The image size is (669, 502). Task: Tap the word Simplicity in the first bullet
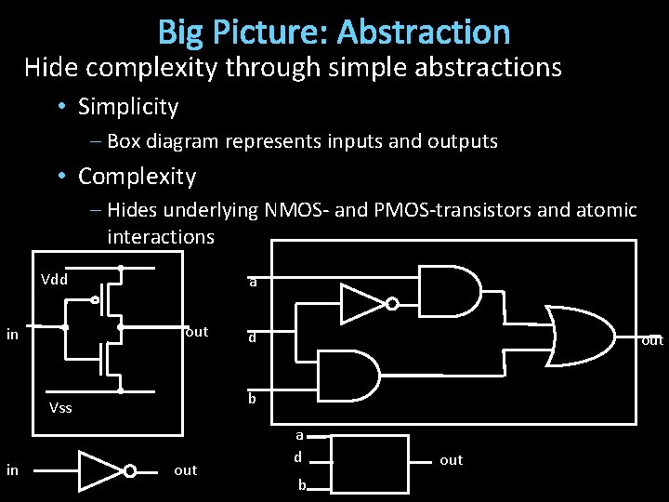pos(128,107)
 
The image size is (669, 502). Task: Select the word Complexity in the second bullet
pos(138,177)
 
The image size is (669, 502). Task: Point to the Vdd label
pos(54,279)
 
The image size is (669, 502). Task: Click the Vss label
pos(60,408)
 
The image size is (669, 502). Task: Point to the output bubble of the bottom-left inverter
pos(130,471)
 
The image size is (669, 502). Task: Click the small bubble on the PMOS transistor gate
pos(96,300)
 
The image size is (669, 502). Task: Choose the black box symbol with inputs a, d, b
pos(370,463)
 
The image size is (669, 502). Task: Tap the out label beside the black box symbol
pos(451,460)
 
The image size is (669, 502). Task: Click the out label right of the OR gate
pos(652,340)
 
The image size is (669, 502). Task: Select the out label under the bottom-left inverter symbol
pos(186,470)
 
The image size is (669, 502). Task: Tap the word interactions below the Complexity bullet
pos(160,237)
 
